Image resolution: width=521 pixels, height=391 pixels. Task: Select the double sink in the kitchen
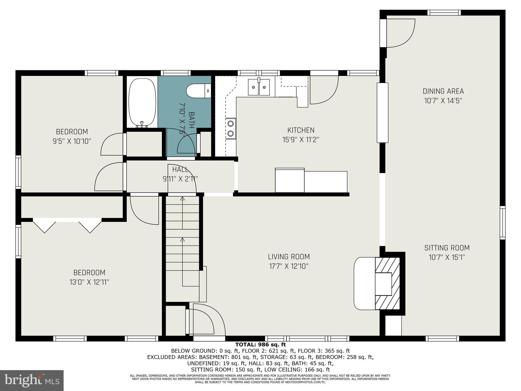259,87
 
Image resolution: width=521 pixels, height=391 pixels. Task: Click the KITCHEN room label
301,130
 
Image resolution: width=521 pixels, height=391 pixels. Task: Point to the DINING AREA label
443,91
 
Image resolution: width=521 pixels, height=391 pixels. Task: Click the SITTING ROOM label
447,248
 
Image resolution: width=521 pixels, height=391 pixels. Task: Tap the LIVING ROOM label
289,257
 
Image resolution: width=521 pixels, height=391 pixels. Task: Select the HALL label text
180,169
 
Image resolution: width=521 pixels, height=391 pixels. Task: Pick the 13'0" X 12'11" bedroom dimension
89,282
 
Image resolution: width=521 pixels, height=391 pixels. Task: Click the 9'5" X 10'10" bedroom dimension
72,141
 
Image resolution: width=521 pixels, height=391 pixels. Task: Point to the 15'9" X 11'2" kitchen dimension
301,139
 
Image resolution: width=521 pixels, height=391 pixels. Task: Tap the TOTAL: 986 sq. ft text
260,345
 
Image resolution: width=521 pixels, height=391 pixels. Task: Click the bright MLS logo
32,380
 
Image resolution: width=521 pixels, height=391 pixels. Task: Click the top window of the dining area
444,13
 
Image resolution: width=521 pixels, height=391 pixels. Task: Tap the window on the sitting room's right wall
502,223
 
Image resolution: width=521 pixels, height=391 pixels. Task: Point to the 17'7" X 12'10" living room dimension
289,266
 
